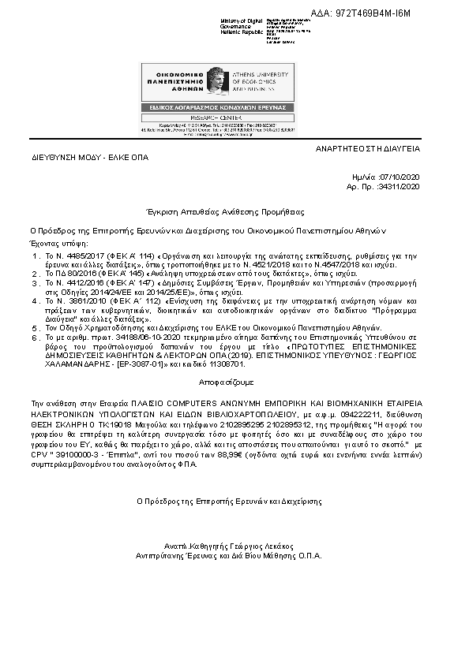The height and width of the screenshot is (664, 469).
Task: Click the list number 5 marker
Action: [x=35, y=326]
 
